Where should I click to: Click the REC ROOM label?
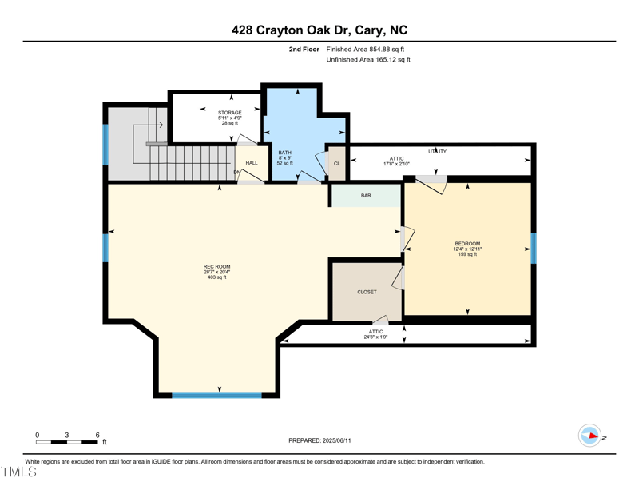[x=216, y=266]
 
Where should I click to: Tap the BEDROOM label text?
[x=467, y=244]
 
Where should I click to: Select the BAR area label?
[x=366, y=196]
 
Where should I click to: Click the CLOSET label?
[x=367, y=292]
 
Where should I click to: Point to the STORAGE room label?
[x=229, y=113]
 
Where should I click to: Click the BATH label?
[x=284, y=153]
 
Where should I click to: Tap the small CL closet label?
[x=336, y=163]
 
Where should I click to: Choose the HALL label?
[x=252, y=163]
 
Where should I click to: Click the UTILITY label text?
[x=437, y=151]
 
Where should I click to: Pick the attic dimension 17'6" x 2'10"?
[x=396, y=164]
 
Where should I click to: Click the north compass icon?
[x=590, y=436]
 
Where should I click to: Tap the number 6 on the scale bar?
[x=97, y=435]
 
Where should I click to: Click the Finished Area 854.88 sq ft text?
[x=365, y=50]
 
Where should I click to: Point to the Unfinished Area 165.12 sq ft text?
[x=368, y=60]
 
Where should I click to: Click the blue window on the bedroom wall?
[x=534, y=248]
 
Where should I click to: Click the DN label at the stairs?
[x=236, y=172]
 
